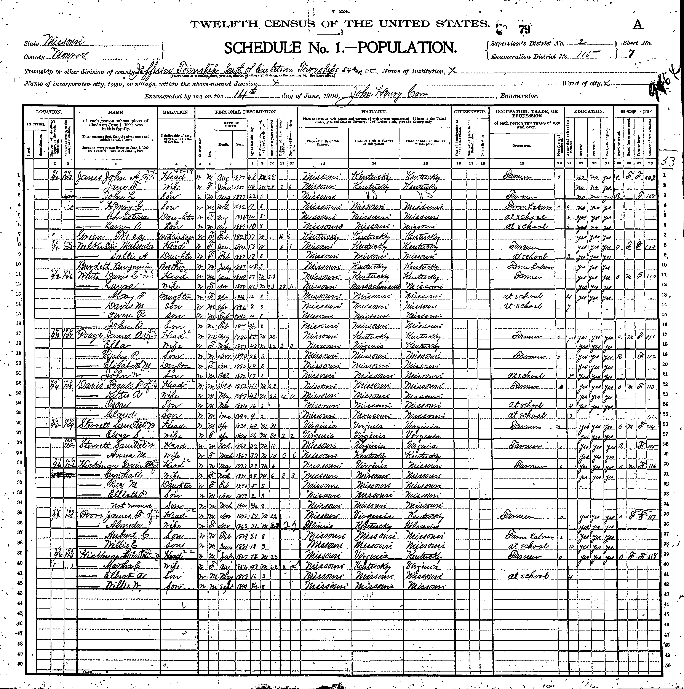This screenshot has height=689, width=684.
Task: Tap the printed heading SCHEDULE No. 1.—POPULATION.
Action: point(340,48)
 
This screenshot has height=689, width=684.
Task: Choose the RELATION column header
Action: point(175,112)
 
